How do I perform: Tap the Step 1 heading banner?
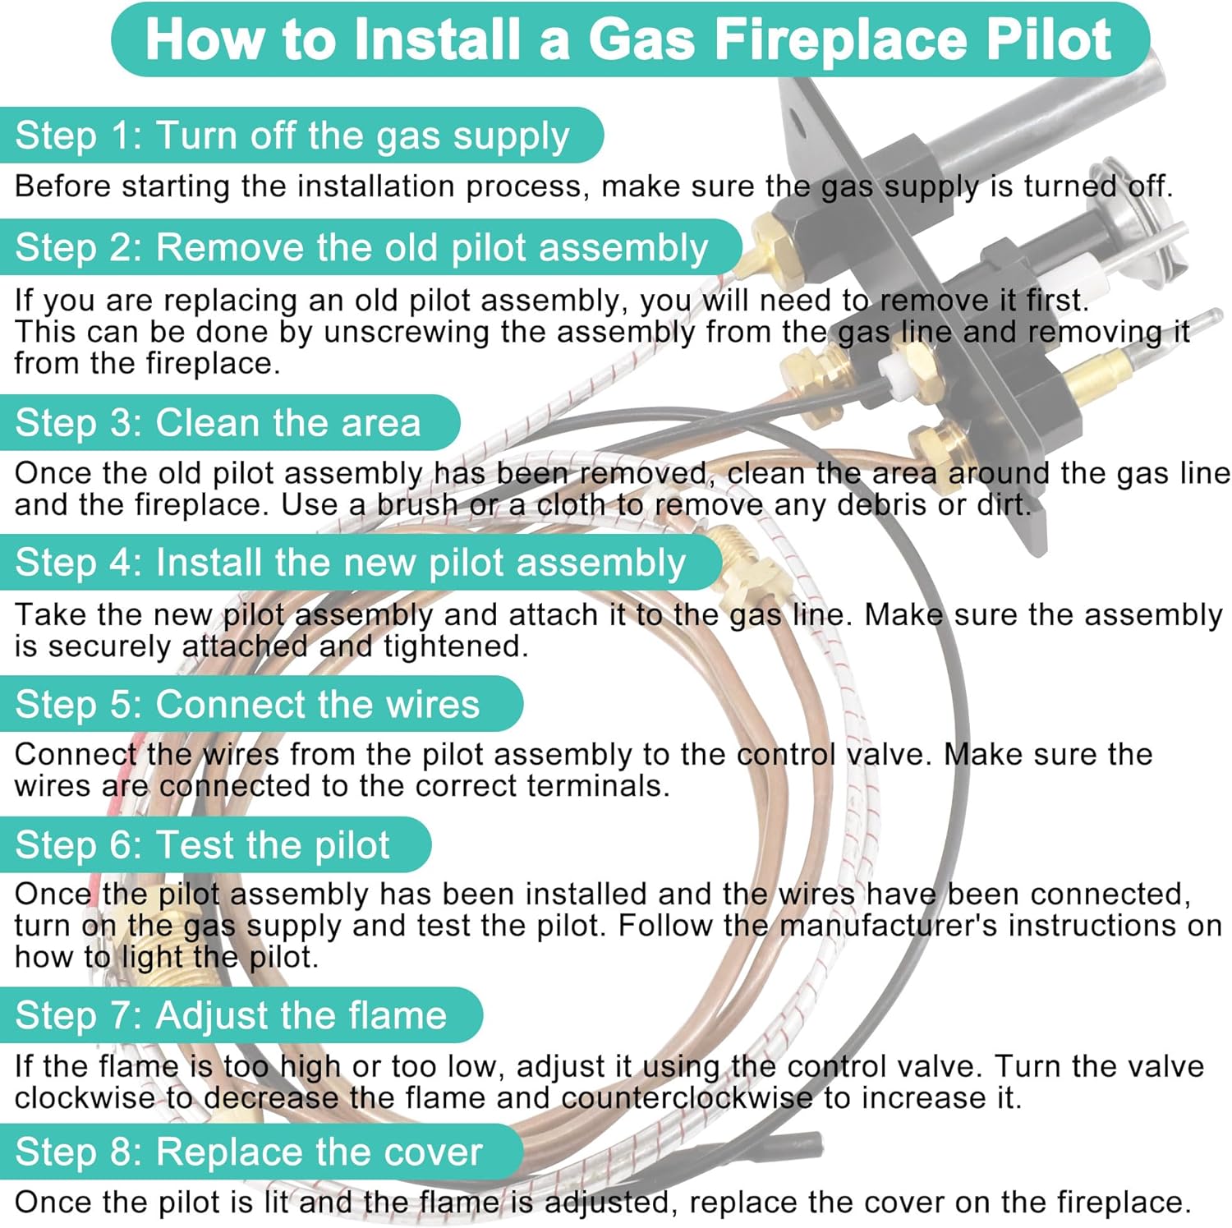coord(292,136)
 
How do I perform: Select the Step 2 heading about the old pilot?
coord(361,247)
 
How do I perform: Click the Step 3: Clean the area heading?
coord(218,423)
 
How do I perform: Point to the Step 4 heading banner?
coord(350,563)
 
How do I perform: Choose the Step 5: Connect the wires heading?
coord(247,705)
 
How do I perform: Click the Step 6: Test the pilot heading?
coord(202,845)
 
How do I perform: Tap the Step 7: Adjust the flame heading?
coord(231,1015)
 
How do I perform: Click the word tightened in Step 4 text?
coord(456,646)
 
